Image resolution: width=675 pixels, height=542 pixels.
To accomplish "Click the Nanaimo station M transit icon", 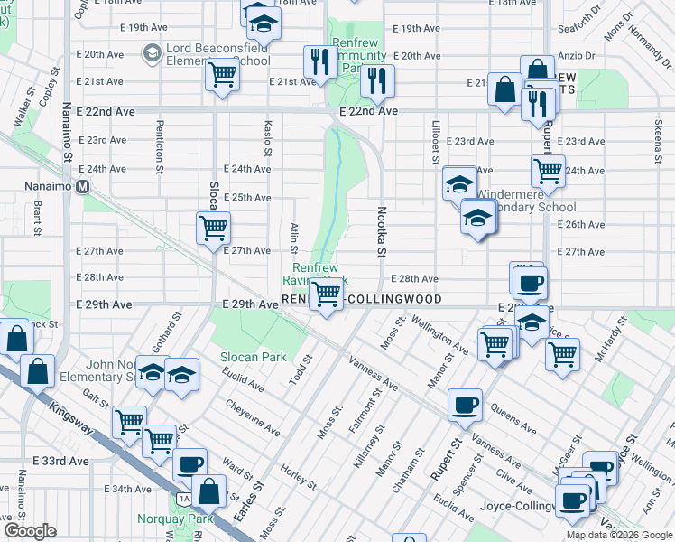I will [x=82, y=187].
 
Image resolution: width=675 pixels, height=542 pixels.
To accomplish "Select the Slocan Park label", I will [x=254, y=357].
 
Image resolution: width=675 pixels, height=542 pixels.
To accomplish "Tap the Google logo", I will [x=29, y=531].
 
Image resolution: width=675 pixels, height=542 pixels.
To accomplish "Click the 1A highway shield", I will [x=184, y=498].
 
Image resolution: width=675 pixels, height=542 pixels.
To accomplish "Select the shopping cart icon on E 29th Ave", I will [x=326, y=294].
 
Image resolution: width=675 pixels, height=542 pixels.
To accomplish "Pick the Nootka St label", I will [x=381, y=234].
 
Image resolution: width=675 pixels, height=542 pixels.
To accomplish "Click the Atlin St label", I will [x=295, y=238].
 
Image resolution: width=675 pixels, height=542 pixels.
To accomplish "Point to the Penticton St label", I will [x=160, y=146].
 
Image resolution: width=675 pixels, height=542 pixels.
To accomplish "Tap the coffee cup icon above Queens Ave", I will [x=465, y=405].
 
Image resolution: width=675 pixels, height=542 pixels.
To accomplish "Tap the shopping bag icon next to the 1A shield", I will [x=209, y=492].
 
